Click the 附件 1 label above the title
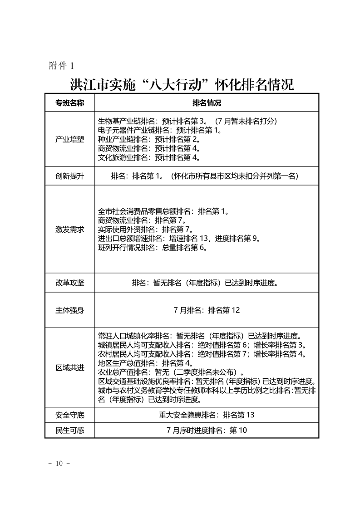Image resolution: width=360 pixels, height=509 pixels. coord(61,66)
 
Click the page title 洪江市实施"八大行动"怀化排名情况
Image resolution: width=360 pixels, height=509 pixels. coord(182,84)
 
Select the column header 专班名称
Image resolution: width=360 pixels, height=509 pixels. coord(69,103)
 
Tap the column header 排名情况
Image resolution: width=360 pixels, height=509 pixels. coord(207,103)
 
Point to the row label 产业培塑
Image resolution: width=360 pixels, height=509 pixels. coord(69,139)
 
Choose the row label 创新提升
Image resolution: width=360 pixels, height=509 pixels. coord(69,176)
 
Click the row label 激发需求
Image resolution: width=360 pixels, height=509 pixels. coord(69,230)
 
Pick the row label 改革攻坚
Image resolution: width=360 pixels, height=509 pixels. coord(69,283)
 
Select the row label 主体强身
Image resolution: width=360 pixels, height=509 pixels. coord(69,310)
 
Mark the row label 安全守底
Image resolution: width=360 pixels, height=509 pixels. coord(69,415)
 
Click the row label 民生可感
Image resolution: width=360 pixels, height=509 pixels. coord(69,430)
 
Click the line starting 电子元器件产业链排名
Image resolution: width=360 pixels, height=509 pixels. coord(160,130)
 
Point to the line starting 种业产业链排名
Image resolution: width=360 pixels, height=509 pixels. coord(149,139)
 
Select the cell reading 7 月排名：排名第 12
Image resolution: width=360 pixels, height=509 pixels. coord(207,310)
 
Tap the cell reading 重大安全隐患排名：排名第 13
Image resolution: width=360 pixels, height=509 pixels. coord(207,415)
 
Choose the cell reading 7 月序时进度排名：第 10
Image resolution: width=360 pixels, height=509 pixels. coord(207,430)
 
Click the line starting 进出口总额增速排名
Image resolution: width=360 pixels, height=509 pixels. coord(180,239)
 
